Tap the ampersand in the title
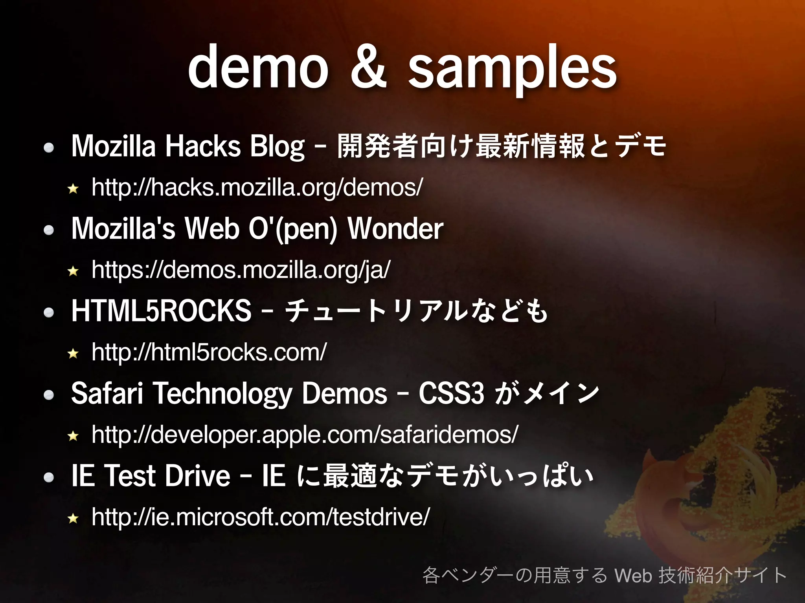(368, 68)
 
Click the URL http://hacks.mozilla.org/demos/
(257, 187)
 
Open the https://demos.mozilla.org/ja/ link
(241, 270)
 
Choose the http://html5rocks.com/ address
(209, 352)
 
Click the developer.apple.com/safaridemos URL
(305, 435)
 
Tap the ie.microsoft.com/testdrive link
(261, 517)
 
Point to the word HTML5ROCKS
(161, 311)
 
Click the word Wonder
(395, 228)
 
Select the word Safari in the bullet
(107, 393)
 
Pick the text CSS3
(451, 393)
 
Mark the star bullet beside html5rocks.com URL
(73, 354)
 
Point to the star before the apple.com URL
(73, 436)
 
